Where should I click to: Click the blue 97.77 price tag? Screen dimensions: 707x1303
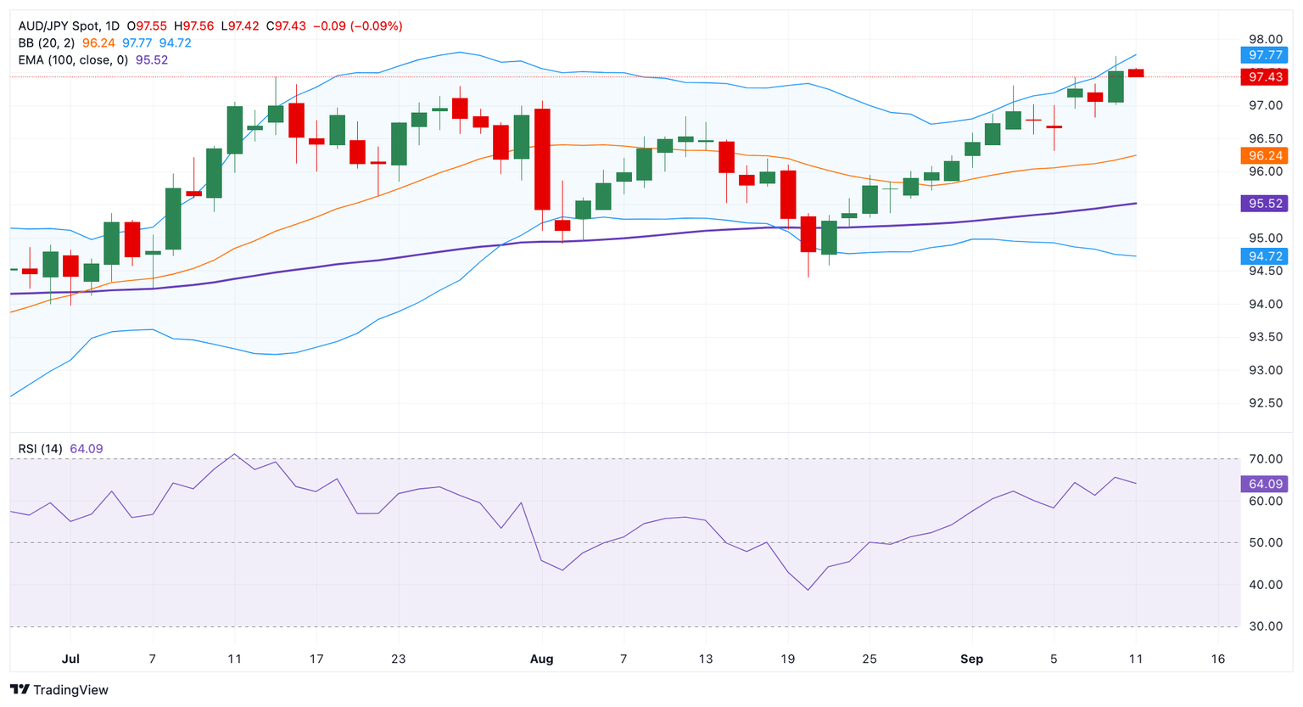click(x=1264, y=55)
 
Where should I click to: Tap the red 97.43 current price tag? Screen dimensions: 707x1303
click(x=1264, y=77)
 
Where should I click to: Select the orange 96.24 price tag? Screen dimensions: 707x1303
click(x=1264, y=155)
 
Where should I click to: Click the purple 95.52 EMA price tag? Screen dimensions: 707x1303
click(x=1264, y=204)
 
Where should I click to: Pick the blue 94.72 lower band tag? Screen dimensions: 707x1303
click(x=1264, y=256)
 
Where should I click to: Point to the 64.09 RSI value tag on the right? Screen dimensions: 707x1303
click(x=1264, y=484)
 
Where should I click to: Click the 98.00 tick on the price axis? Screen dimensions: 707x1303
click(x=1266, y=39)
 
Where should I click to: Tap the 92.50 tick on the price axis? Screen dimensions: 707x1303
click(x=1266, y=403)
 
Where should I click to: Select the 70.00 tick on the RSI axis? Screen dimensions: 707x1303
click(x=1266, y=459)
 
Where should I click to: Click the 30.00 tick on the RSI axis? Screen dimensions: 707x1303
click(x=1266, y=626)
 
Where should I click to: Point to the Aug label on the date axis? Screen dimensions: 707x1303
click(x=541, y=659)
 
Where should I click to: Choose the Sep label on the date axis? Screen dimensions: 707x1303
click(x=971, y=659)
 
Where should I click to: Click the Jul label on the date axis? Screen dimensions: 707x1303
click(x=70, y=659)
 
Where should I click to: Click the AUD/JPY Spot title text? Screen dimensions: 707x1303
click(x=57, y=26)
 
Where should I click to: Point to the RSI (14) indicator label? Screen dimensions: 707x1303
click(x=40, y=449)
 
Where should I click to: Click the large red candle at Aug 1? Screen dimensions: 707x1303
click(x=542, y=159)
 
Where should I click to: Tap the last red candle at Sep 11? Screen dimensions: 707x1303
click(x=1136, y=73)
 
